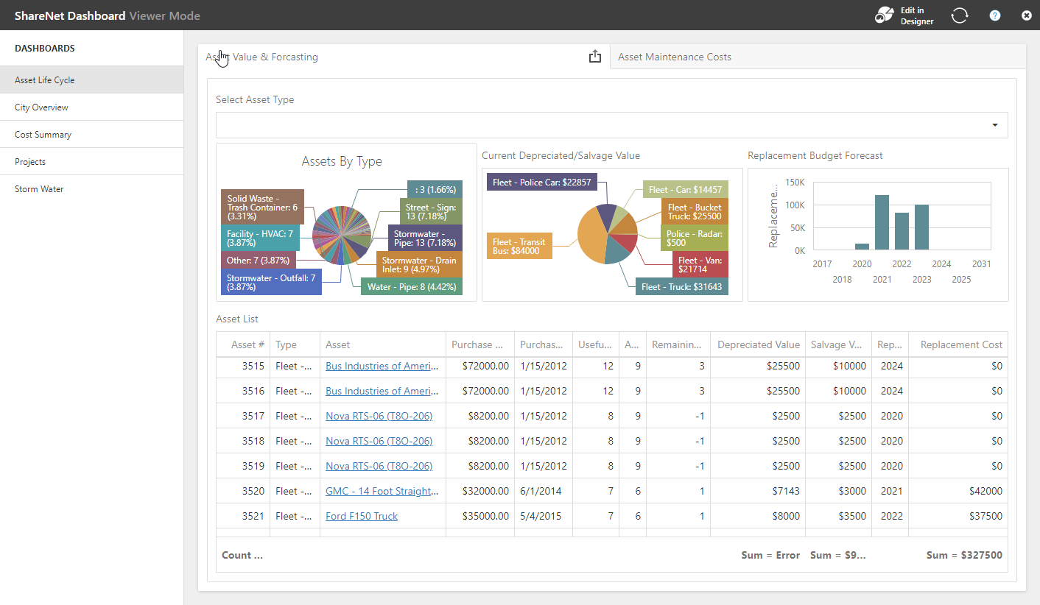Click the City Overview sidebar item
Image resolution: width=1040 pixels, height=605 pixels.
[41, 107]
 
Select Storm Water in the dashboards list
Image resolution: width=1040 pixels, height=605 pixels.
[39, 189]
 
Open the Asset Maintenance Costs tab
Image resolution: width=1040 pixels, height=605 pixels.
[675, 57]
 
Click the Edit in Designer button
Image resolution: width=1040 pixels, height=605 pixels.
[904, 15]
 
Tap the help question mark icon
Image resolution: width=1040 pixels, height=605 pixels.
[995, 15]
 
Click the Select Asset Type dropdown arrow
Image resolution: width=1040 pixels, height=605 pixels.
[995, 125]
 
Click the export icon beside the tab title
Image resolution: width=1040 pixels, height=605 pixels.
[595, 57]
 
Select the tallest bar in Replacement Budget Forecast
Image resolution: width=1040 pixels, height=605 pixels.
[882, 222]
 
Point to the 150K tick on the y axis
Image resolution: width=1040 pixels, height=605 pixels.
[795, 182]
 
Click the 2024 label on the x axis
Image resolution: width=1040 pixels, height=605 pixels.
[941, 264]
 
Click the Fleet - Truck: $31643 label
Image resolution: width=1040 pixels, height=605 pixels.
[681, 287]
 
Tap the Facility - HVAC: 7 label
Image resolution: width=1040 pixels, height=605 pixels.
[260, 238]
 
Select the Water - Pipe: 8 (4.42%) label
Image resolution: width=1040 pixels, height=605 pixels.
[412, 287]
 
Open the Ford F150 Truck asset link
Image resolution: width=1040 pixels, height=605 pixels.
[362, 516]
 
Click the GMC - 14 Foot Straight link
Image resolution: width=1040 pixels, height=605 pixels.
[382, 491]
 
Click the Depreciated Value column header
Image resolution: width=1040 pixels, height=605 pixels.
[758, 344]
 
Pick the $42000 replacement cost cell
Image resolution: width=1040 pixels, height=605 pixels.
[986, 491]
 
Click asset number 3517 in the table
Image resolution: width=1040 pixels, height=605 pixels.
[253, 416]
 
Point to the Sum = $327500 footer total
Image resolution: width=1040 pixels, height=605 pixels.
[964, 555]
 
